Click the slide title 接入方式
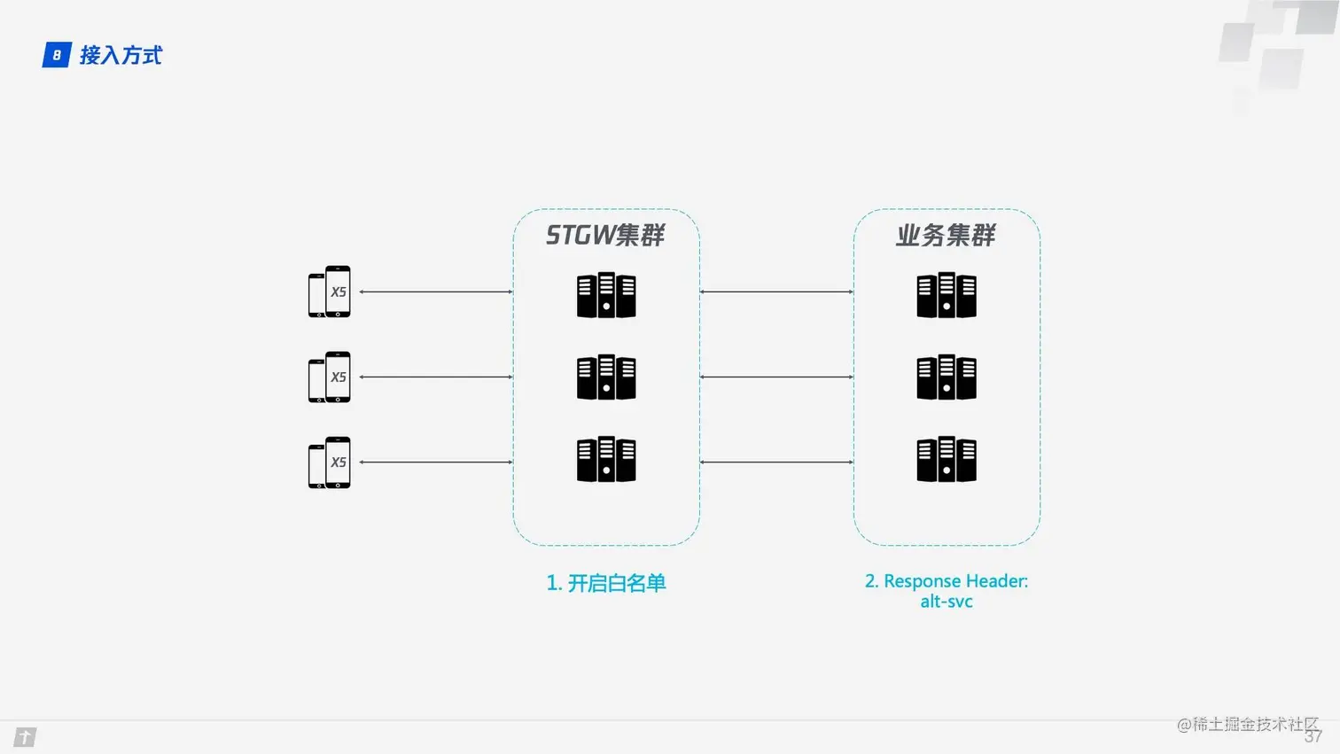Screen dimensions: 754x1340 121,55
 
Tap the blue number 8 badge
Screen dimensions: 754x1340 57,55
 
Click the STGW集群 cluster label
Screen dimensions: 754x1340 605,235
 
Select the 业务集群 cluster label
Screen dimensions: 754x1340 946,235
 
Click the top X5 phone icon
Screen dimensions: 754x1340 330,291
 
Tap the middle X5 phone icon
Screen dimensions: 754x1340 330,377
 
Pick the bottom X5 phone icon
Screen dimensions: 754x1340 330,462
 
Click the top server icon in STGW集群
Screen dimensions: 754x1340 606,295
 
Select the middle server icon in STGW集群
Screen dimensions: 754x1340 606,377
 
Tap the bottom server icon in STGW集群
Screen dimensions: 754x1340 606,459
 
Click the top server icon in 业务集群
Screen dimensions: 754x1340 947,295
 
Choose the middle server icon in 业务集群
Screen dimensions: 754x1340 947,377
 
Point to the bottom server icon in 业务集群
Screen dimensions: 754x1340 947,459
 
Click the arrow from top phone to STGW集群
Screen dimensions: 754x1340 436,291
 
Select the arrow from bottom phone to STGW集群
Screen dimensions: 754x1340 436,462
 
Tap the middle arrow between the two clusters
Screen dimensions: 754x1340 776,377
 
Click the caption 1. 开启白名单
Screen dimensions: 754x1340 606,583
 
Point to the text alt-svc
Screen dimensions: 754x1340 947,602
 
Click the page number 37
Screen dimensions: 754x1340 1313,737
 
